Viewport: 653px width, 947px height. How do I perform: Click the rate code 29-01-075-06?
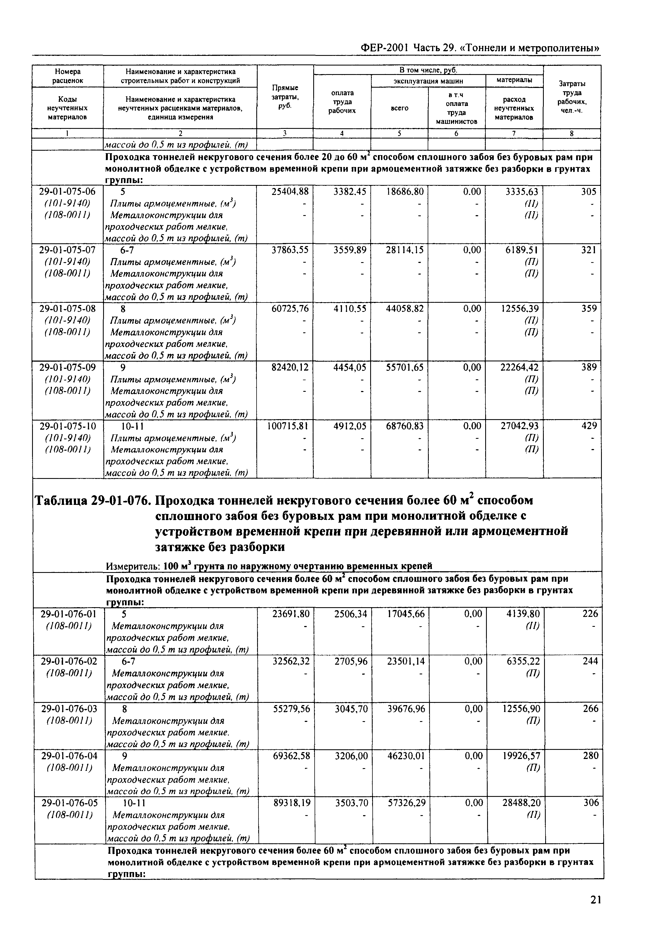(67, 192)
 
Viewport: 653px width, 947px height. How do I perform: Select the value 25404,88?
(290, 192)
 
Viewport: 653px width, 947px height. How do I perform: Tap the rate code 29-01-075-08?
(67, 309)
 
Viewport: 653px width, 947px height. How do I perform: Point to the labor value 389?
(589, 367)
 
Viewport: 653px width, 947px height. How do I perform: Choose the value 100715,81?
(287, 426)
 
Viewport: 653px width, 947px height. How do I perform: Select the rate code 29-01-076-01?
(69, 614)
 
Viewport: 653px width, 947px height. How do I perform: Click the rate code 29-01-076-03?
(69, 708)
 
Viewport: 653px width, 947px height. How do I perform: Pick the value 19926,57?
(521, 755)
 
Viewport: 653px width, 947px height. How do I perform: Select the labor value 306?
(591, 803)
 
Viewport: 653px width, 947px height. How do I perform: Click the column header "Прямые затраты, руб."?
(285, 96)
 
